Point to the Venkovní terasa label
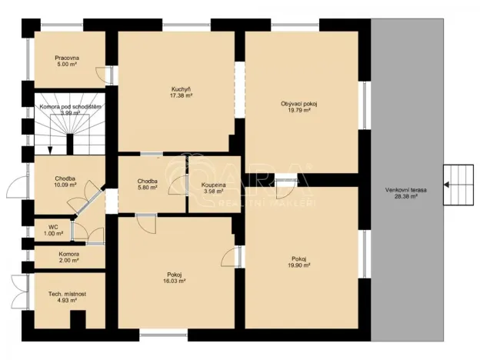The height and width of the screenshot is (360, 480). coord(407,192)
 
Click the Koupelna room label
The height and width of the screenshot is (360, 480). coord(215,186)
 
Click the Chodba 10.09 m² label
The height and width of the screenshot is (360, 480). coord(65,181)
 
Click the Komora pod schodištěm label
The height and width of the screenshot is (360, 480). coord(70,108)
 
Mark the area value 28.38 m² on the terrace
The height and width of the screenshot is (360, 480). coord(407,196)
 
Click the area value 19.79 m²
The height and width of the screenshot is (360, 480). coord(295,111)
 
